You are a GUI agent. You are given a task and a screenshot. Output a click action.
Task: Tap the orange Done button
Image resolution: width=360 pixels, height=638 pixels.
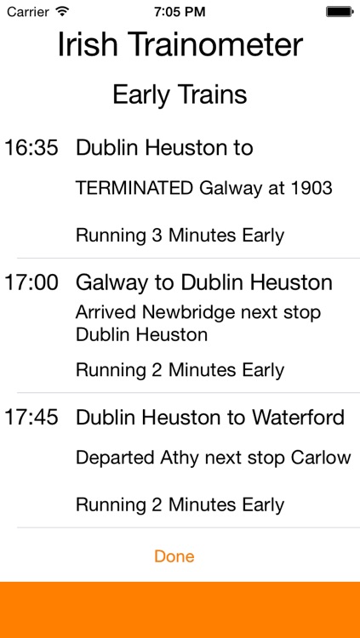click(x=174, y=556)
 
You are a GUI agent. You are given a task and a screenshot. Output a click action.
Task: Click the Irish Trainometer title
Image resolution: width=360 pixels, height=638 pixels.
click(x=180, y=45)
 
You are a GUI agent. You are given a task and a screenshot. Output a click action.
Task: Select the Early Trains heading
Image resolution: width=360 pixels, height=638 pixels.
click(x=180, y=94)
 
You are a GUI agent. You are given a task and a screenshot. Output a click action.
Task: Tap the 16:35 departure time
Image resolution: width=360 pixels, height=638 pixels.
click(x=31, y=147)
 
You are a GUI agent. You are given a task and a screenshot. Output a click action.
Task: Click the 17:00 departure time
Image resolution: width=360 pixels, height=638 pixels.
click(x=31, y=282)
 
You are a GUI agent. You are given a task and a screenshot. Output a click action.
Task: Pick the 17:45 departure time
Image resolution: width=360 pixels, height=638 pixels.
click(x=31, y=417)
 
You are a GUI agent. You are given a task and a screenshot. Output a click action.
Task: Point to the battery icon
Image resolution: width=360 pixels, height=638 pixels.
click(x=340, y=12)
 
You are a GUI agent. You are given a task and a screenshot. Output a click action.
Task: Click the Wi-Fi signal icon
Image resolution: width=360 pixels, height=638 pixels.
click(x=62, y=12)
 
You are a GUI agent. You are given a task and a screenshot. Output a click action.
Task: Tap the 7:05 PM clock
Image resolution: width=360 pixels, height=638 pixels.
click(x=180, y=12)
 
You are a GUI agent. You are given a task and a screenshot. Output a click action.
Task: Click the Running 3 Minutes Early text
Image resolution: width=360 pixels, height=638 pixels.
click(x=180, y=236)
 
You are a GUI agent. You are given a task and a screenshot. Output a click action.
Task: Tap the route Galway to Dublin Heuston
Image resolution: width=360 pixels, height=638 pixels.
click(x=203, y=282)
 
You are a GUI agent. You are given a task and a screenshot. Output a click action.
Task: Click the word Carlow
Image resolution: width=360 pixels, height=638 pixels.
click(x=322, y=458)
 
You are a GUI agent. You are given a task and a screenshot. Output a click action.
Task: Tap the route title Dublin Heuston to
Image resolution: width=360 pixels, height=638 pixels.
click(x=164, y=147)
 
